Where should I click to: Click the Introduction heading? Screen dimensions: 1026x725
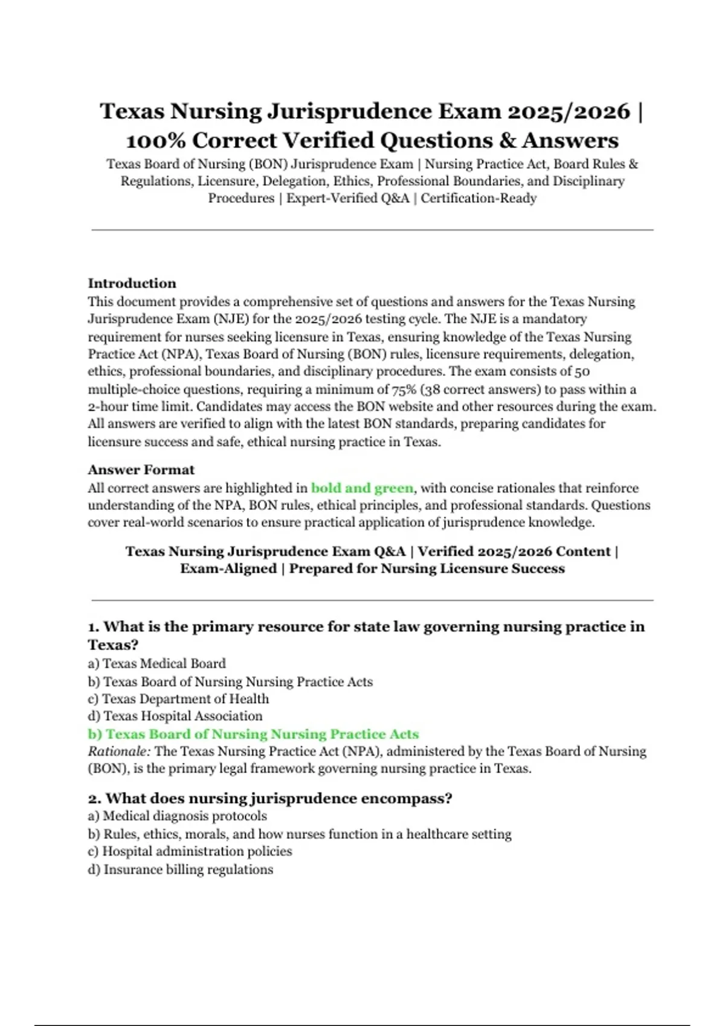point(132,283)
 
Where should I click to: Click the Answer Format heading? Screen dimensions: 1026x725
point(141,470)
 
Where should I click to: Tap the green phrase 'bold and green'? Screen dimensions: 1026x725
point(362,488)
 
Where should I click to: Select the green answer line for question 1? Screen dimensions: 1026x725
point(253,734)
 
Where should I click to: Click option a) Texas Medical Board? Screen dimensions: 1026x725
point(156,663)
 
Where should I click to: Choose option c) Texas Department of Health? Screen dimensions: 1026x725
point(178,698)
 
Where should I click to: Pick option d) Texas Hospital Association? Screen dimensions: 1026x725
point(175,716)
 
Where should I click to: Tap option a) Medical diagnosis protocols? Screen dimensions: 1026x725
point(177,816)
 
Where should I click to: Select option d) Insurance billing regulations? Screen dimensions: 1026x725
point(180,869)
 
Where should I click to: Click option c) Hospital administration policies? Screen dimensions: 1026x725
point(190,851)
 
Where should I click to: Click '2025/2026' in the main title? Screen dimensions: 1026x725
point(569,112)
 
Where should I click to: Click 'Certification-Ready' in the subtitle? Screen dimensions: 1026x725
point(478,198)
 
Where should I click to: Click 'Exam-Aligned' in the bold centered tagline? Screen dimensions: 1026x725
point(228,569)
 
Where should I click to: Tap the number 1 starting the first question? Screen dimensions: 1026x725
point(93,627)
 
